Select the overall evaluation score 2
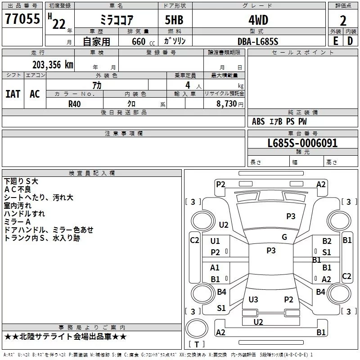(343, 20)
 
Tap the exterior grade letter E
(335, 41)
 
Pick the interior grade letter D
(350, 41)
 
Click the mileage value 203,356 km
(53, 64)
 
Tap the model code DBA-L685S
(258, 41)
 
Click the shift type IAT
(13, 94)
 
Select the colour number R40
(75, 103)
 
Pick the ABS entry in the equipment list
(258, 121)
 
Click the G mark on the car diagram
(284, 237)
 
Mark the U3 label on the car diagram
(253, 299)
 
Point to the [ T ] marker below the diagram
(197, 344)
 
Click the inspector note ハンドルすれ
(25, 214)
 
